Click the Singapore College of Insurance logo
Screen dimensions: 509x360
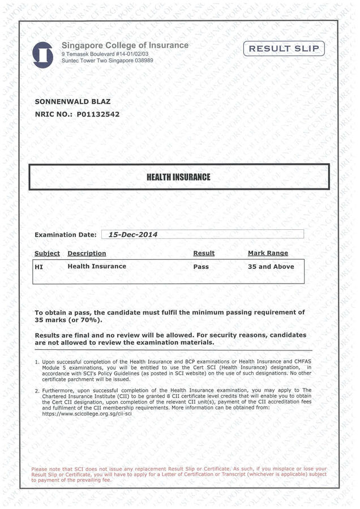43,54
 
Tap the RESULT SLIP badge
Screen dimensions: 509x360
284,49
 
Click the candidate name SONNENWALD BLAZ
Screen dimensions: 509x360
72,102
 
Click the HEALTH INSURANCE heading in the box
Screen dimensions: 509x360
178,177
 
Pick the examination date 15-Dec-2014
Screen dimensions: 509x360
133,234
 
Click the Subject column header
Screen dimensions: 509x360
47,253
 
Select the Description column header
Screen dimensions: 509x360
87,253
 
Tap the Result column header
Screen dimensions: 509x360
204,253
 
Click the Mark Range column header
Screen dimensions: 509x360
268,253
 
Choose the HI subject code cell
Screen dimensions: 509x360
38,266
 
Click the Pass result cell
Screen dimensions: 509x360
201,266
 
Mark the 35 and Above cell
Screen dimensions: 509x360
271,266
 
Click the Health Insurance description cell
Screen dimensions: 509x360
97,266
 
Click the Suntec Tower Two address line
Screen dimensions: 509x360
108,60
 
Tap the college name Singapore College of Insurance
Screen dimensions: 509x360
125,45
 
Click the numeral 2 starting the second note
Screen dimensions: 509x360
37,391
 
